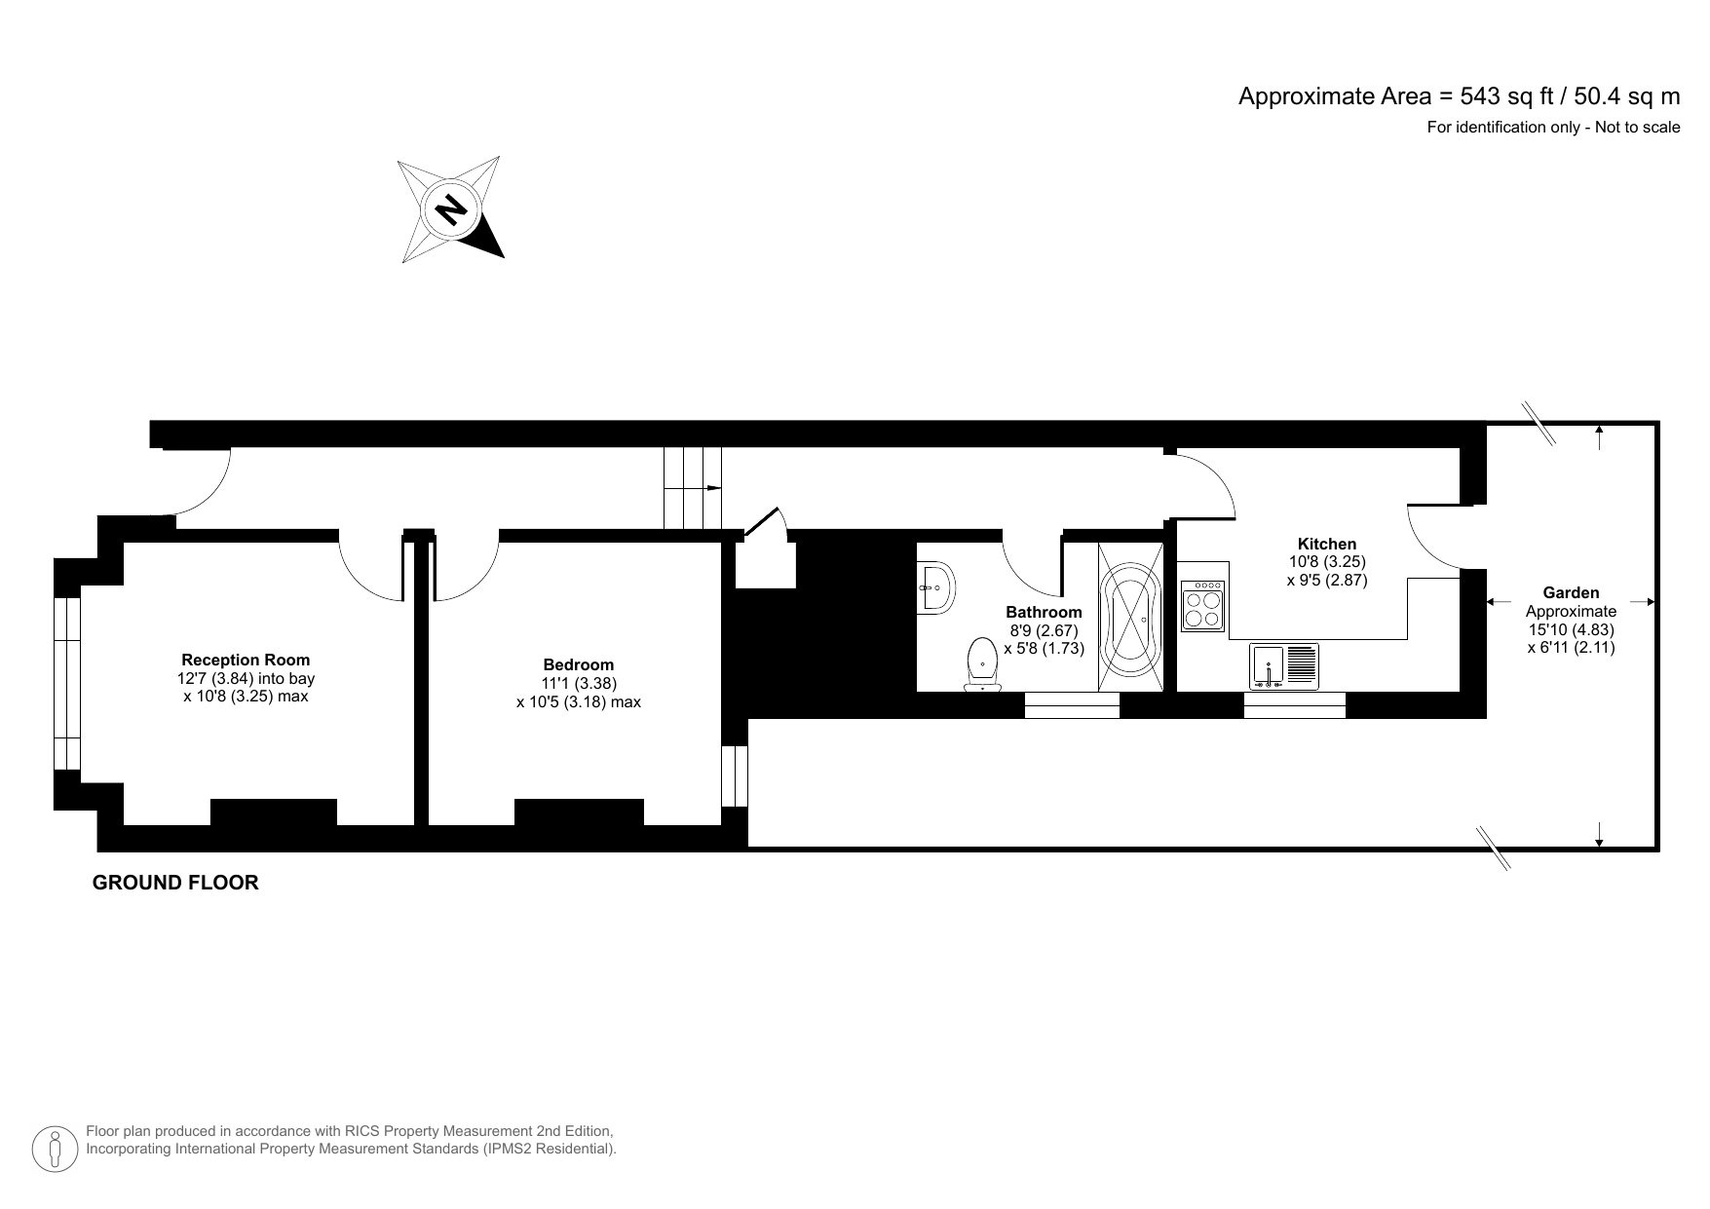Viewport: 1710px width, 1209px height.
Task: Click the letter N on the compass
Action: [x=450, y=208]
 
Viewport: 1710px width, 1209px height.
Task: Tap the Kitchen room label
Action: [x=1326, y=544]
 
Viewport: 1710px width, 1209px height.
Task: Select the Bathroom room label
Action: [x=1044, y=612]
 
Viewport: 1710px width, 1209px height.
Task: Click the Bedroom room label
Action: [x=579, y=665]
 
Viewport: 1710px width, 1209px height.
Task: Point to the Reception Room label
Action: [x=246, y=660]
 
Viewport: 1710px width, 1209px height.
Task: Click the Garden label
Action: [x=1571, y=592]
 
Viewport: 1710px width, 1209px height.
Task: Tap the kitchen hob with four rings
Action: [x=1202, y=606]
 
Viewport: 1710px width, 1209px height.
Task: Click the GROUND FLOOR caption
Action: [x=175, y=883]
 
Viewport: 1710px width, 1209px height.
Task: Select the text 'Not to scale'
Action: [x=1637, y=127]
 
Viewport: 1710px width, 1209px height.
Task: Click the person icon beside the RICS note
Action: [x=56, y=1149]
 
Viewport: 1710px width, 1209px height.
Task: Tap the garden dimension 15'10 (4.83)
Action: [x=1571, y=628]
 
